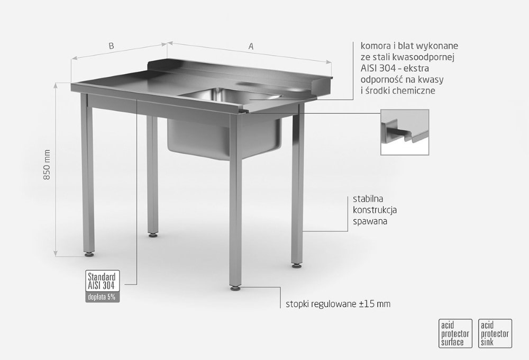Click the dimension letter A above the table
251,46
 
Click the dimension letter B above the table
111,46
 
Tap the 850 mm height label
47,165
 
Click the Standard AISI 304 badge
102,281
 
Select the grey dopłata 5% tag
102,297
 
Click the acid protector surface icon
455,334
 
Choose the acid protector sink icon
495,334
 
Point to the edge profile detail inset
405,132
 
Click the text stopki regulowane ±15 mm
338,304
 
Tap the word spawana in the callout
370,221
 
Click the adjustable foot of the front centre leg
235,289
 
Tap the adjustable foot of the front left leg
89,255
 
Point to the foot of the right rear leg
297,266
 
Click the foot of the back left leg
153,235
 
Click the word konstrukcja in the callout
375,210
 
